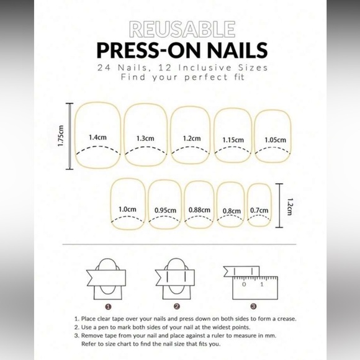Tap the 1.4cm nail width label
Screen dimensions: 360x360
pyautogui.click(x=96, y=137)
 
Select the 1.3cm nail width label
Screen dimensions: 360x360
pyautogui.click(x=145, y=138)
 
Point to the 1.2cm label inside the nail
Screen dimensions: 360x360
pyautogui.click(x=191, y=138)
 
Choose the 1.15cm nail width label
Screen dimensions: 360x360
pyautogui.click(x=233, y=140)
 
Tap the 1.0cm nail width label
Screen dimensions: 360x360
pyautogui.click(x=127, y=210)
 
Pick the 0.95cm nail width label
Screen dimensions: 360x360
pyautogui.click(x=164, y=210)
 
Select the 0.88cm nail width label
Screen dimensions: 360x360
pyautogui.click(x=199, y=210)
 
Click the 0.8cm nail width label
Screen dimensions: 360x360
pyautogui.click(x=231, y=211)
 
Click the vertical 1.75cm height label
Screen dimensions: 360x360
pyautogui.click(x=60, y=137)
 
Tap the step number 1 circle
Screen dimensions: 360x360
pyautogui.click(x=108, y=306)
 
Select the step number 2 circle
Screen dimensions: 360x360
pyautogui.click(x=176, y=306)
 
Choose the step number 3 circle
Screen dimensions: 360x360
pyautogui.click(x=253, y=306)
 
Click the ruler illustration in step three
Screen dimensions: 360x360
pyautogui.click(x=254, y=286)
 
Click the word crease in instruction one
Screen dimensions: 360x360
pyautogui.click(x=284, y=319)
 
